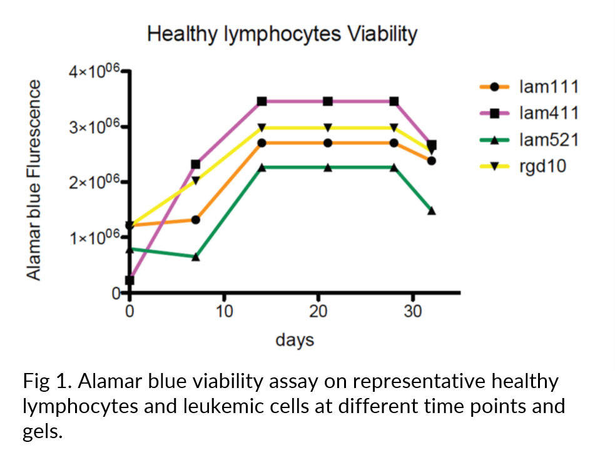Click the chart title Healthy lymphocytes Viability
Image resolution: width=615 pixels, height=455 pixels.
(x=282, y=34)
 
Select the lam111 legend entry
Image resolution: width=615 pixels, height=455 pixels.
(x=529, y=87)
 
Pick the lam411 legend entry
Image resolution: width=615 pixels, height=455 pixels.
(x=529, y=113)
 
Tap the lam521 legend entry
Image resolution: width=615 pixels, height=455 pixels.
(x=529, y=140)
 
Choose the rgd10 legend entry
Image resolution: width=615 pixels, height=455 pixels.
(x=523, y=166)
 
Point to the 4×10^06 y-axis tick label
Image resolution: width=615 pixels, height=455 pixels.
(x=94, y=71)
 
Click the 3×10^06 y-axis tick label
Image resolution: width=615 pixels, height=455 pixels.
(x=94, y=126)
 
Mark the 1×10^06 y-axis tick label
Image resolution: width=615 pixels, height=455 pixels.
(x=94, y=237)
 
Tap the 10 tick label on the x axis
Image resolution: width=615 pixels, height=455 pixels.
(x=224, y=312)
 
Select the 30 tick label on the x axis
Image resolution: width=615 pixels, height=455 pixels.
(x=413, y=312)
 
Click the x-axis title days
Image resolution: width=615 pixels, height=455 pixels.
(x=295, y=340)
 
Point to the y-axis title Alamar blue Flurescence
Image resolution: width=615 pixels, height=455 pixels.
(x=34, y=180)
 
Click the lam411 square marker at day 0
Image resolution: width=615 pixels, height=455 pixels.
(x=130, y=280)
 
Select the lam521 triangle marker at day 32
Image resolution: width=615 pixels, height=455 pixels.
(x=432, y=211)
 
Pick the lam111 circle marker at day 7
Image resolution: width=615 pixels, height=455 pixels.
(x=196, y=220)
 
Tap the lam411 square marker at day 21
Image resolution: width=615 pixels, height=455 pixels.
(x=328, y=101)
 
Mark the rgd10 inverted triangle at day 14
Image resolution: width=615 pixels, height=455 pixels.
(x=262, y=128)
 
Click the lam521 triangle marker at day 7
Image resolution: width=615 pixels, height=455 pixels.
(x=196, y=257)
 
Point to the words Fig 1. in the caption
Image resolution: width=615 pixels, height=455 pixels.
(x=47, y=381)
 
